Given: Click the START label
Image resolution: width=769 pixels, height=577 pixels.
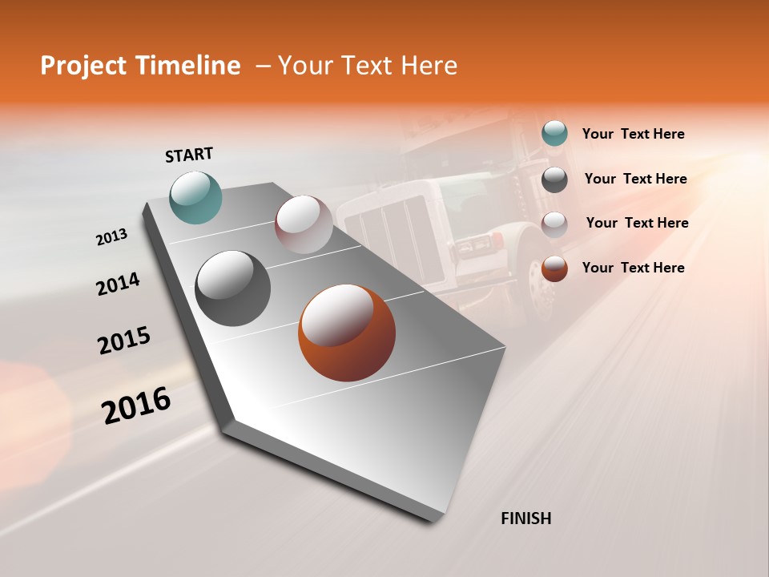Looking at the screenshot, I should point(189,155).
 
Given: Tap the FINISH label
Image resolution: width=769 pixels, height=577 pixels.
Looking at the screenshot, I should point(525,518).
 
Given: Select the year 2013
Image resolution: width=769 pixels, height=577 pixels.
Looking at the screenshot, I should point(112,237).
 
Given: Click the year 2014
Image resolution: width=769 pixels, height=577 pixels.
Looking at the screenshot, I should point(118,284).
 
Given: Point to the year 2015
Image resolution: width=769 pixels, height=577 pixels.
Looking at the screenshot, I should point(124,341).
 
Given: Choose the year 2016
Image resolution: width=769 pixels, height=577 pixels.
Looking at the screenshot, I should point(136,405).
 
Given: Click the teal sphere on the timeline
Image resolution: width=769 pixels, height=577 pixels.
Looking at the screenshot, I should point(196,197).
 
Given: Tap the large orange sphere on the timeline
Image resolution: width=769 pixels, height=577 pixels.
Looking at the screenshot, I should point(347,333).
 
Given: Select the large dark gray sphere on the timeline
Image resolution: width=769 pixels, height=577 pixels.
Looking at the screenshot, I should point(232,288).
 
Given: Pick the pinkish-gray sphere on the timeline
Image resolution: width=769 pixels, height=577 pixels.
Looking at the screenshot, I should point(304,224).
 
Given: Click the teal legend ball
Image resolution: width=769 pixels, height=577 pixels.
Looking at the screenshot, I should point(554,134).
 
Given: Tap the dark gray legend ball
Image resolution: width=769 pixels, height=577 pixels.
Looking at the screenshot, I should point(554,179).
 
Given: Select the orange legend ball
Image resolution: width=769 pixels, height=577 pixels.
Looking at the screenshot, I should point(554,268).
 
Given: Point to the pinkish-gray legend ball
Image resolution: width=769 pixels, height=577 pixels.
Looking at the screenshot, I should point(554,224).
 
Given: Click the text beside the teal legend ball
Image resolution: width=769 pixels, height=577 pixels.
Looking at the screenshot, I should point(633,134).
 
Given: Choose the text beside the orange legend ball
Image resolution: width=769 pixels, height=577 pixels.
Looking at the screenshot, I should point(633,268).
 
